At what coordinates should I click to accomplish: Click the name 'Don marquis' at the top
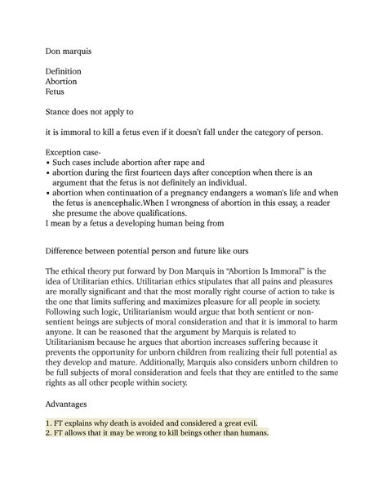point(69,51)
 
